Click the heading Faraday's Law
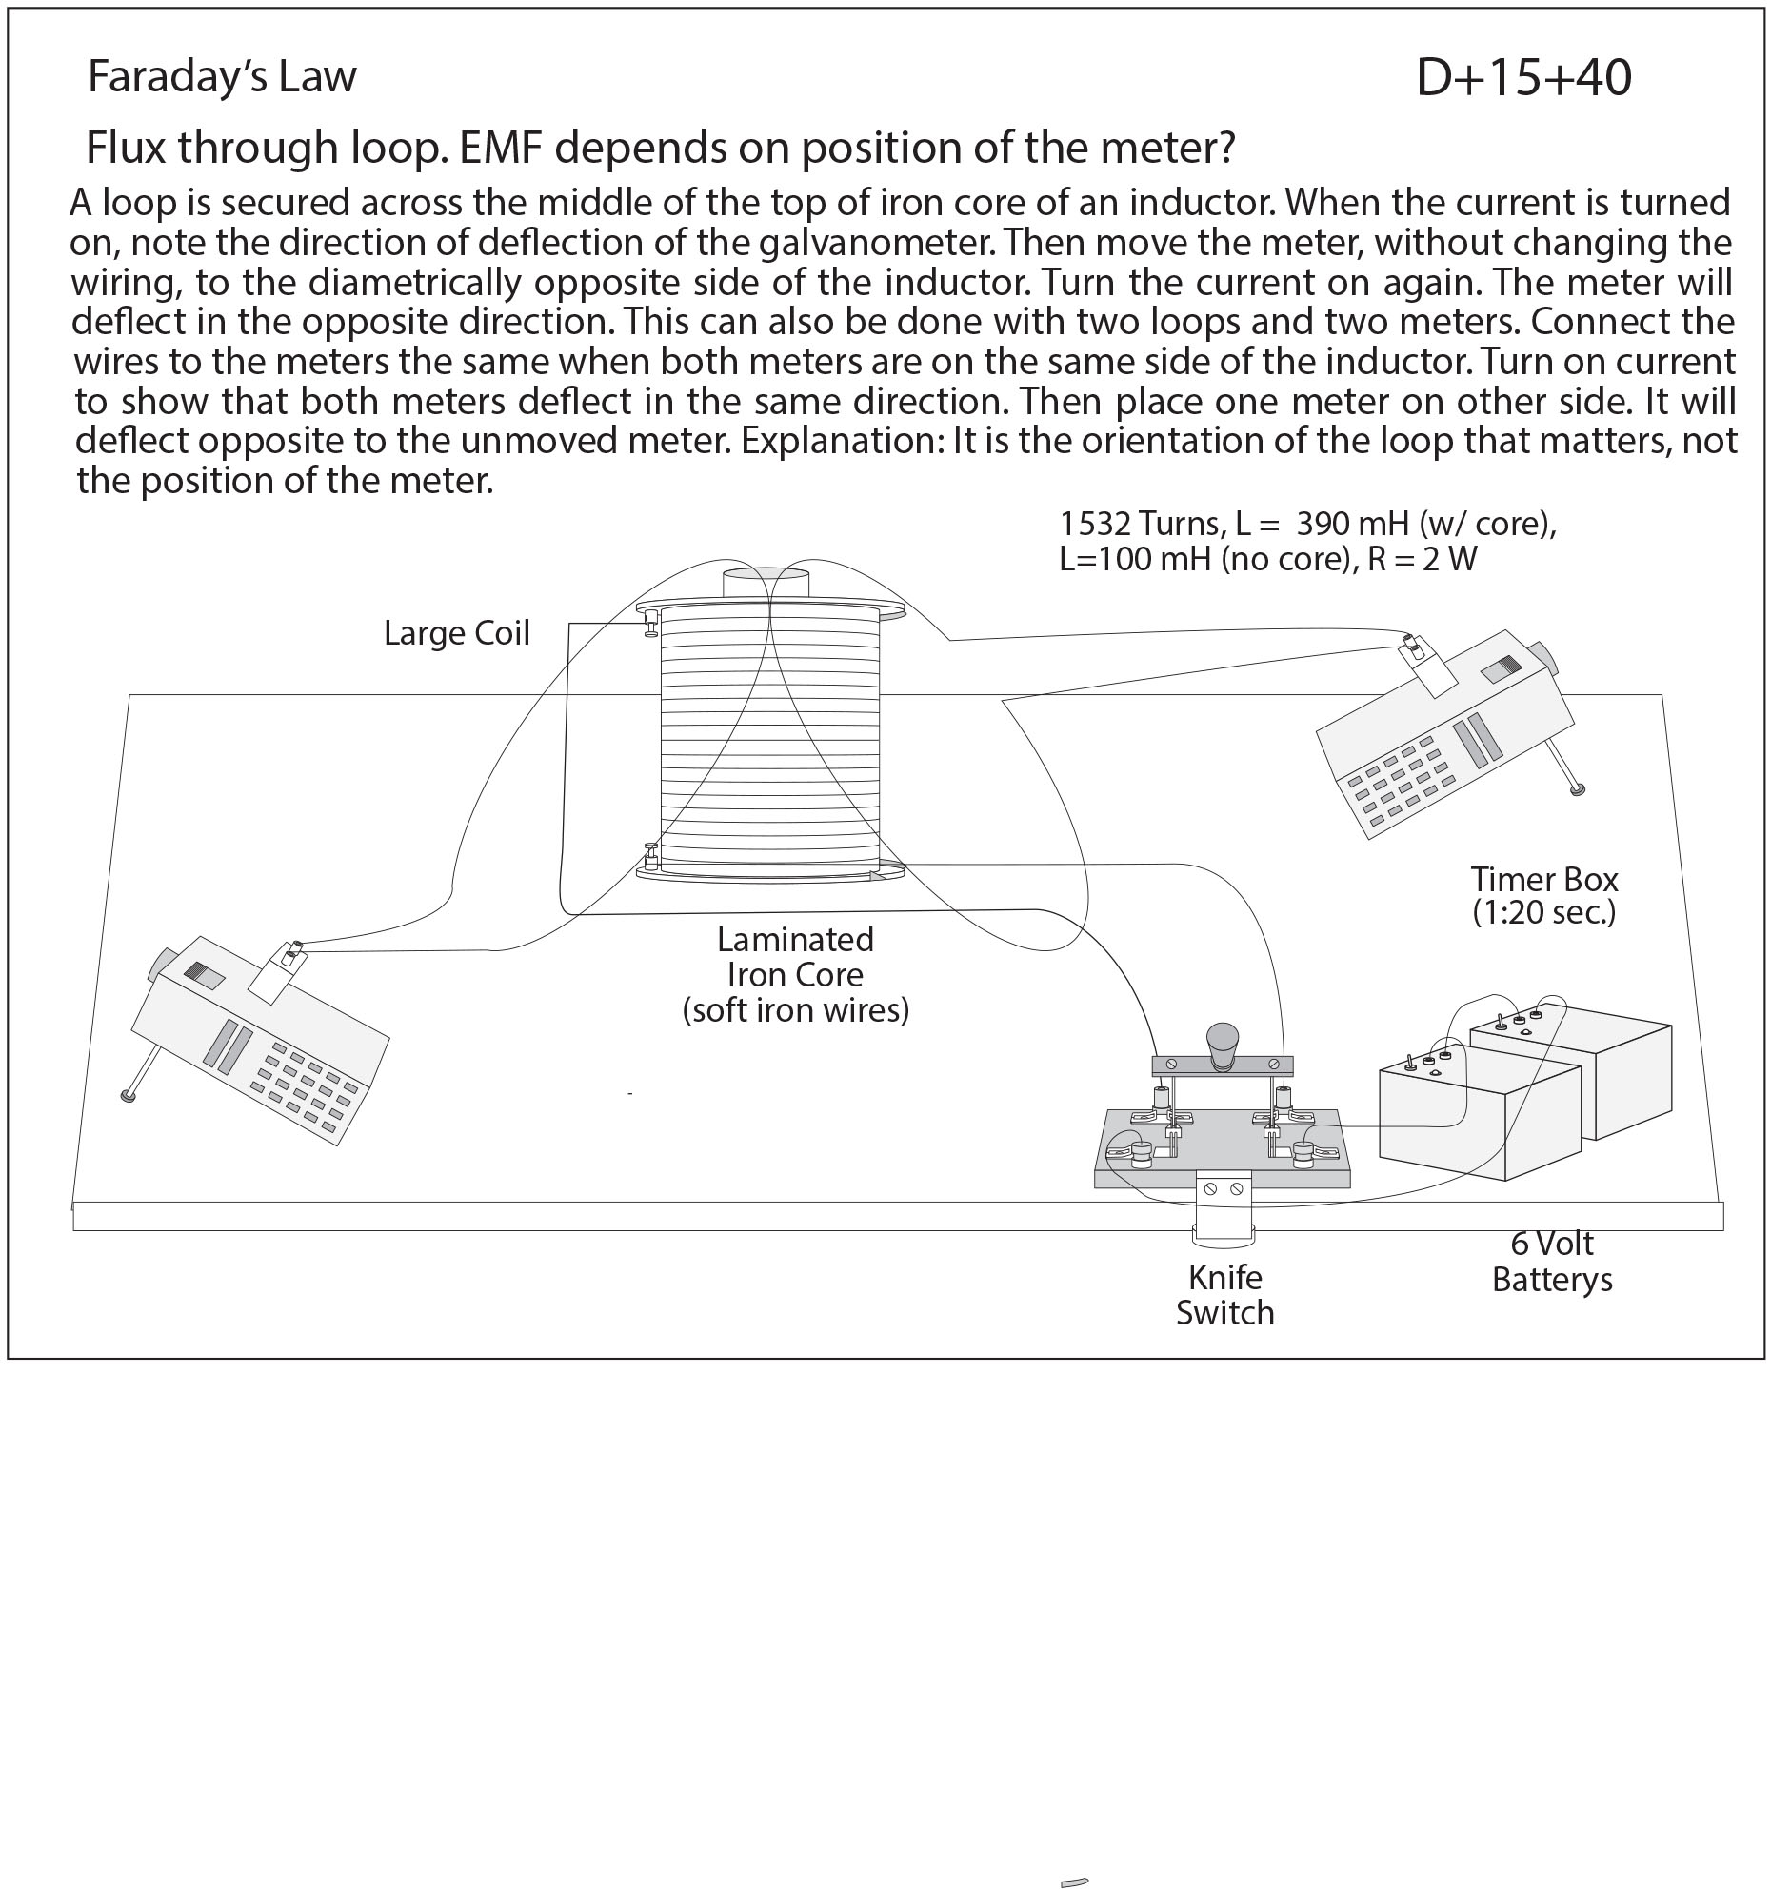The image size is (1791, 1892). pos(222,77)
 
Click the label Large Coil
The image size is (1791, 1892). pos(456,634)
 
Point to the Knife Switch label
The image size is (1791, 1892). pos(1224,1295)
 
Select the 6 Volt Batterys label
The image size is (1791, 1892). pos(1551,1261)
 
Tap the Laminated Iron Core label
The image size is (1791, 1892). pos(795,975)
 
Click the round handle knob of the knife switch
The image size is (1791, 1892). pos(1222,1039)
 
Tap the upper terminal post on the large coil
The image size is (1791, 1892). pos(651,622)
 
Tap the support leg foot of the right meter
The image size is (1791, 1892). pos(1577,789)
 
